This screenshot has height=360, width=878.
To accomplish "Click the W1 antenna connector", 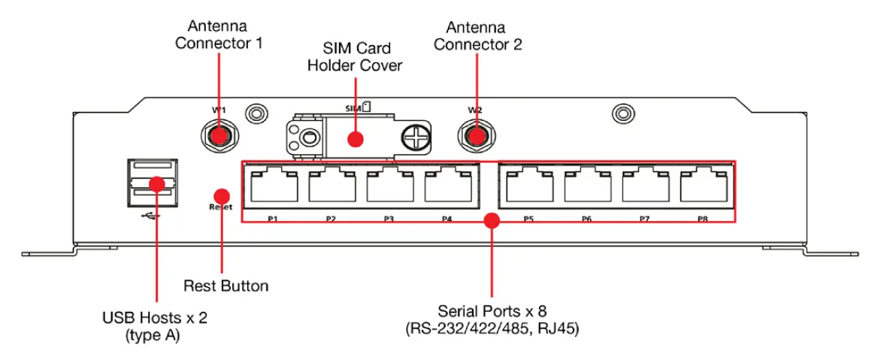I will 219,137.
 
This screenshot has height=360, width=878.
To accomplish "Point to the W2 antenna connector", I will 475,137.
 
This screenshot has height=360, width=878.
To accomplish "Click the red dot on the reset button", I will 222,193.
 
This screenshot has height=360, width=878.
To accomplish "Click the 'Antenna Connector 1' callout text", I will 219,35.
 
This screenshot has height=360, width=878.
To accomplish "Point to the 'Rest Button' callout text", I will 226,286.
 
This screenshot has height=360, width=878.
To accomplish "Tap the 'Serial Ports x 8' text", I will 492,310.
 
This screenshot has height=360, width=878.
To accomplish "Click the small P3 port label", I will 389,219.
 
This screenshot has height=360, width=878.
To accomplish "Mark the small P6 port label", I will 586,219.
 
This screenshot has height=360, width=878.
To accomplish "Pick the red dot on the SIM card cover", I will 355,139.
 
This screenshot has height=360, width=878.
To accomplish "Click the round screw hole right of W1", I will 257,113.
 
